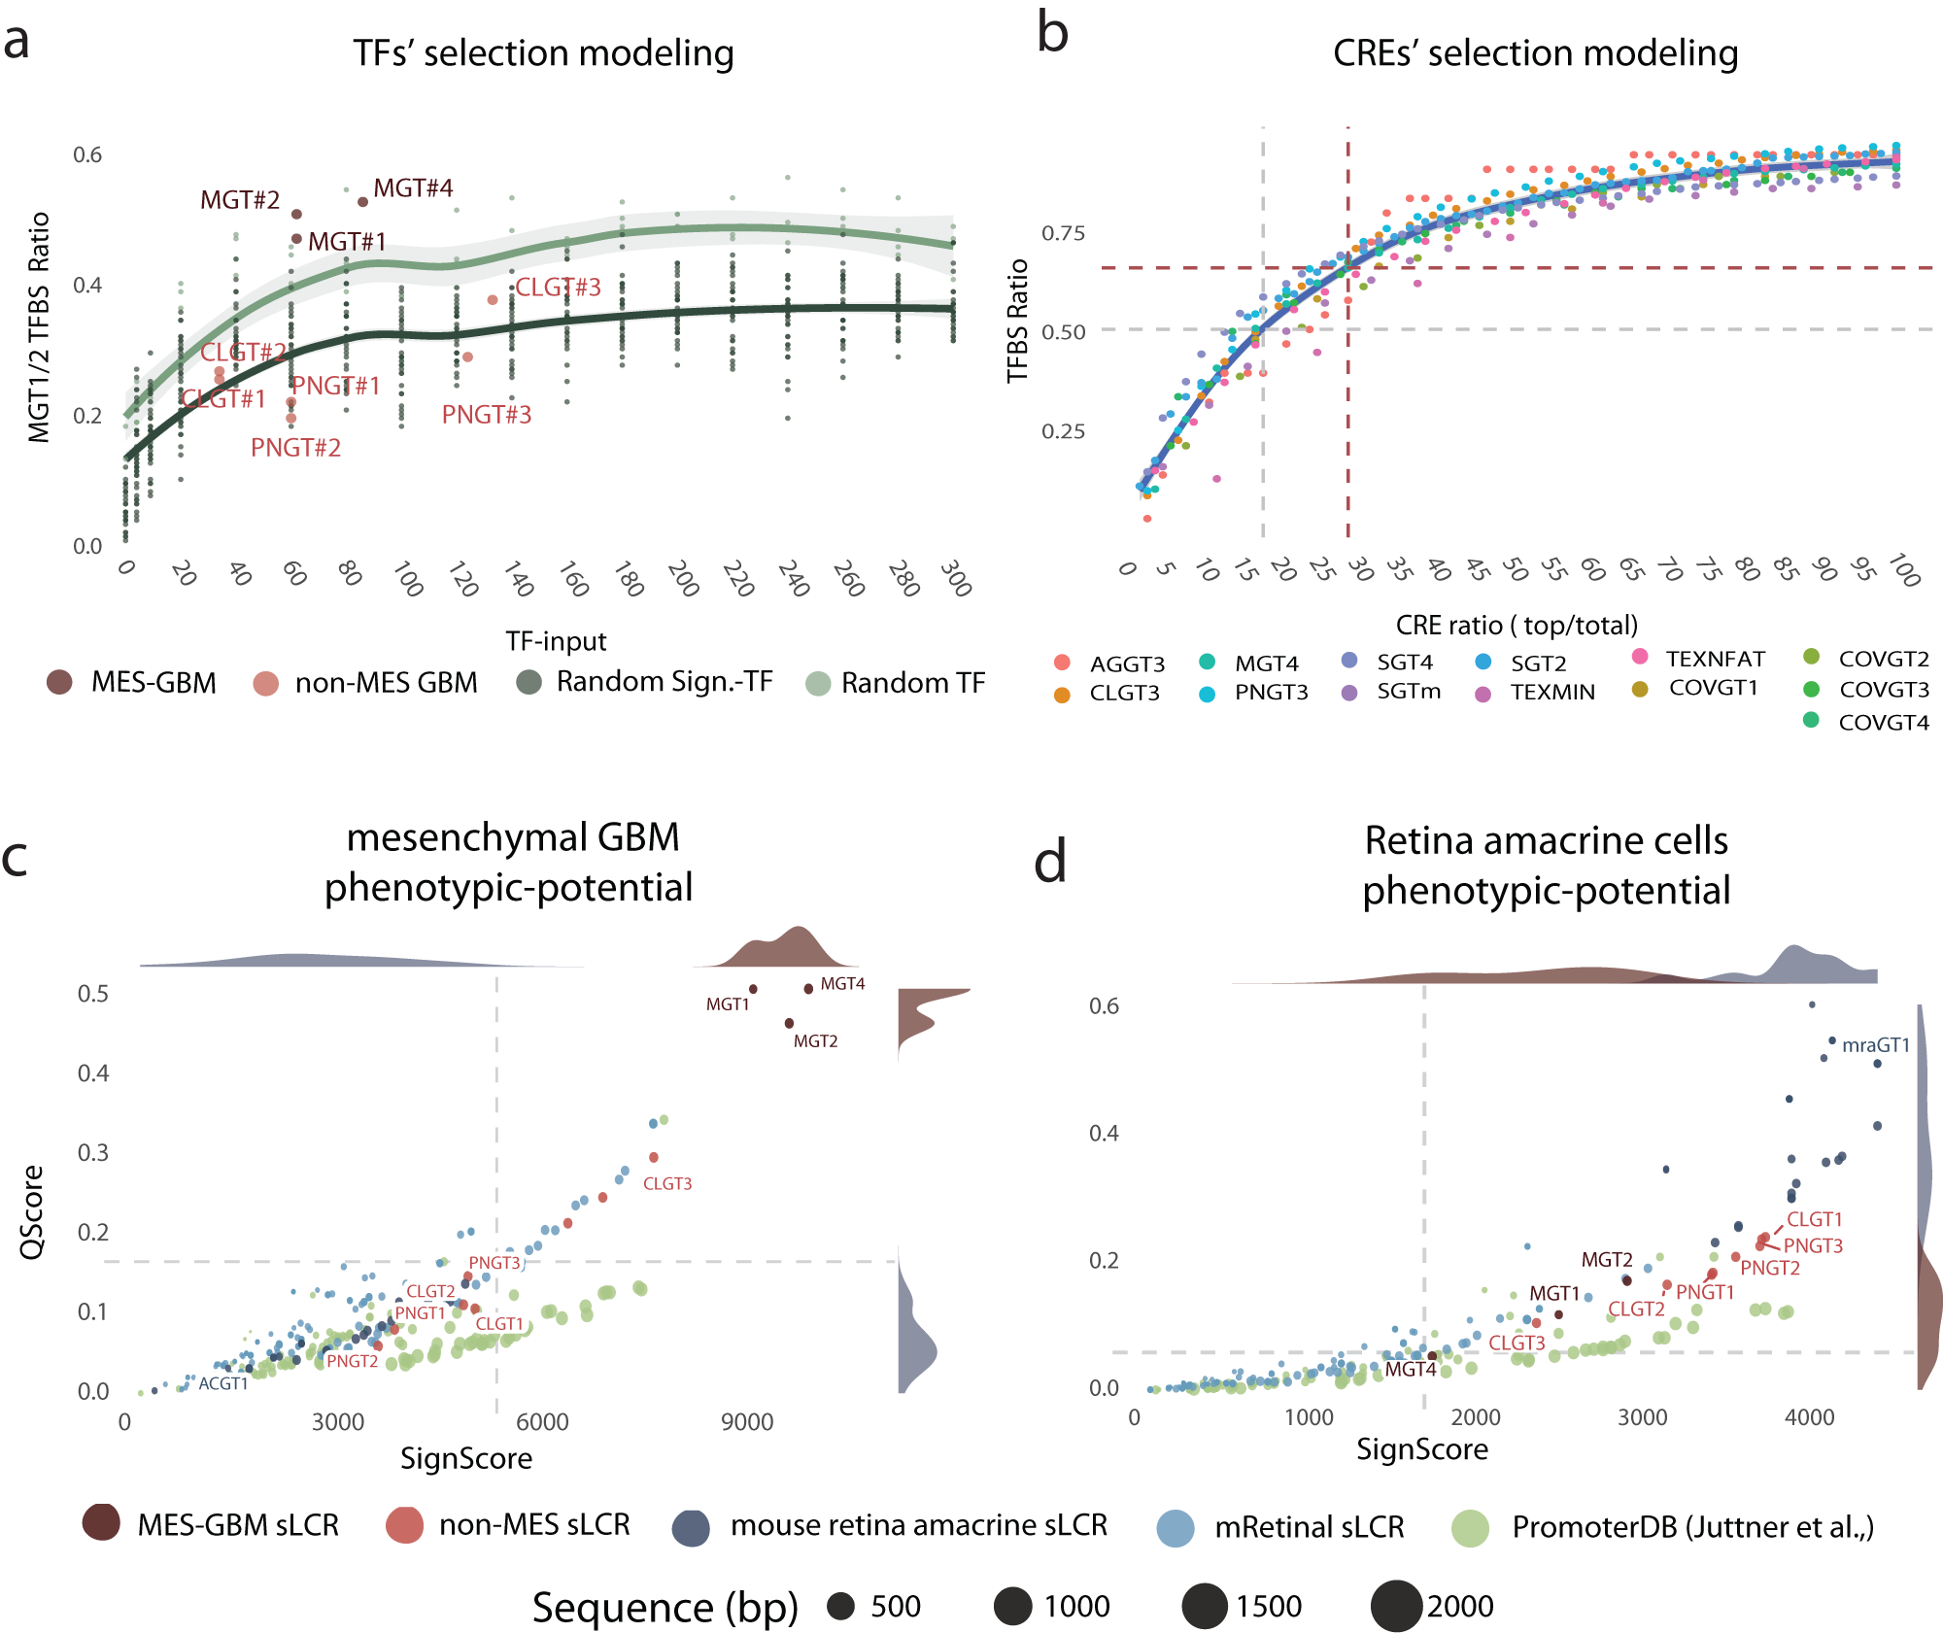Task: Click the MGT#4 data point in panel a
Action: [362, 202]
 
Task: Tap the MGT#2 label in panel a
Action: [240, 200]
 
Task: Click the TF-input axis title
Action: [556, 641]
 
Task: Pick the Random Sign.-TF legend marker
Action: [528, 682]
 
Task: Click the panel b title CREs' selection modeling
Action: [1535, 52]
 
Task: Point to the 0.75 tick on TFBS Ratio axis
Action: [1063, 233]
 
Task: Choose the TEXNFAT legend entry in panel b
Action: [1715, 659]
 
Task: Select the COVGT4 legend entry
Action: [1883, 722]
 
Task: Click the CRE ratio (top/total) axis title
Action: [1517, 625]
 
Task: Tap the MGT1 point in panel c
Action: [753, 989]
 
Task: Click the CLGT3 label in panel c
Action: [667, 1183]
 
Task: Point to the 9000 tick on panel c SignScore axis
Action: [747, 1422]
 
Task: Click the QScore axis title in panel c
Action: [33, 1212]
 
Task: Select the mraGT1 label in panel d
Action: [1875, 1045]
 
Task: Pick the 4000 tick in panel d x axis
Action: [1809, 1417]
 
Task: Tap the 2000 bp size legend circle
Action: [1396, 1606]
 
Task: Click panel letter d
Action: [1050, 862]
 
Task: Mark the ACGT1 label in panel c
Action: [222, 1384]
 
